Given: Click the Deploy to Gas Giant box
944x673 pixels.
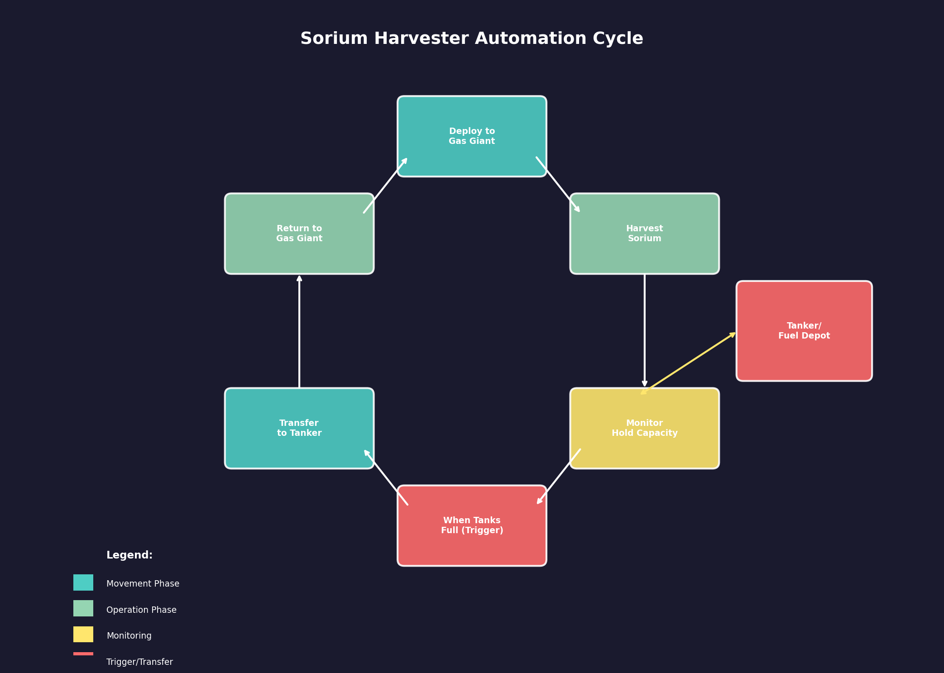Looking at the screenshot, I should [472, 136].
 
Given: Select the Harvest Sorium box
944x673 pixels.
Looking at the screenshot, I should [644, 234].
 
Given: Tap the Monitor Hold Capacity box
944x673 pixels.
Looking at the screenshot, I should [644, 428].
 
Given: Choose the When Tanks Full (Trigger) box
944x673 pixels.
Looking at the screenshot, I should [472, 525].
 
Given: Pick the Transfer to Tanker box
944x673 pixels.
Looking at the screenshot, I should [299, 428].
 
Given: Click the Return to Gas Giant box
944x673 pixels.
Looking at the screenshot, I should [299, 234].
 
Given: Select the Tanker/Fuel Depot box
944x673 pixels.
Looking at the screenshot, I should [804, 331].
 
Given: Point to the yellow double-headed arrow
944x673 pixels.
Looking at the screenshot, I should [689, 363].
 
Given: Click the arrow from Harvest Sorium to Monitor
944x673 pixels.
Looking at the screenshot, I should [644, 330].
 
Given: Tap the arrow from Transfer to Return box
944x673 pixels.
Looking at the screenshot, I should [299, 331].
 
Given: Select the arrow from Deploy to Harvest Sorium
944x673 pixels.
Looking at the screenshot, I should [558, 185].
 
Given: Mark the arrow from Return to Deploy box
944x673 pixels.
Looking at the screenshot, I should [386, 185].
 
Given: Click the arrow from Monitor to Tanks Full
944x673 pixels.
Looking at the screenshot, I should [559, 477].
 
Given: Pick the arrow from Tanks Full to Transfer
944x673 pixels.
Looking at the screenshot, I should [386, 477].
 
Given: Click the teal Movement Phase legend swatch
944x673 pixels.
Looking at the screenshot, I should [83, 582].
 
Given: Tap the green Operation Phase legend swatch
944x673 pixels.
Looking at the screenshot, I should [83, 608].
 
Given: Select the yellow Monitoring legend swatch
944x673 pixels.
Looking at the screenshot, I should [83, 634].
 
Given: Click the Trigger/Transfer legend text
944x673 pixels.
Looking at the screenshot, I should [139, 662].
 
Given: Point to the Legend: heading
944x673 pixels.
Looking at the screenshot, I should [129, 555].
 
